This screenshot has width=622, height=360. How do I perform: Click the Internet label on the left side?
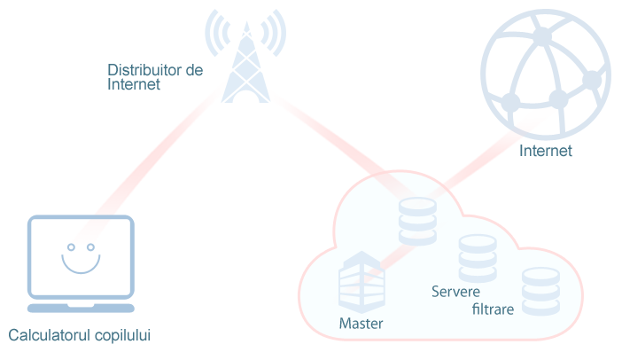pos(134,85)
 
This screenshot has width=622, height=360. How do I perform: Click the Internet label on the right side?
pos(545,151)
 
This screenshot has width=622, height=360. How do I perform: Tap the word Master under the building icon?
pos(362,324)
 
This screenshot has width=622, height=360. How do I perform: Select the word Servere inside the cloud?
pos(455,292)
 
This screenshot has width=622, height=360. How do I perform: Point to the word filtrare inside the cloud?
pos(493,309)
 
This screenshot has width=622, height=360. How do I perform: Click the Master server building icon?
pos(362,282)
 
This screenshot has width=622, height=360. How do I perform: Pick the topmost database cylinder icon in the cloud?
pos(417,221)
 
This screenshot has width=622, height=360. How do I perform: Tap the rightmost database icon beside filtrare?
pos(540,290)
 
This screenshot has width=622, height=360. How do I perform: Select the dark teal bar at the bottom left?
pos(79,336)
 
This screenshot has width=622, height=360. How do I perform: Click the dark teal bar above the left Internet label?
pos(155,69)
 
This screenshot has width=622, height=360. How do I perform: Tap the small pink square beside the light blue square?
pos(288,113)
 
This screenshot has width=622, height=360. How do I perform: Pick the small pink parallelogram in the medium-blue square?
pos(92,230)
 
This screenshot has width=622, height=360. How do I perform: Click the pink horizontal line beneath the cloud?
pos(443,341)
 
